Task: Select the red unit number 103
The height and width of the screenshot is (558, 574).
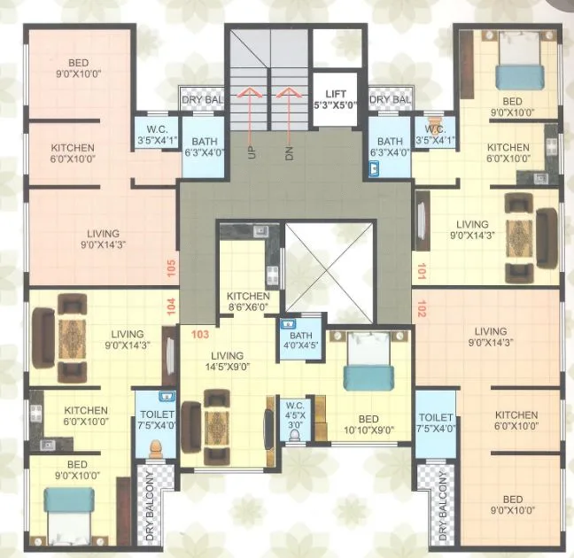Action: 199,334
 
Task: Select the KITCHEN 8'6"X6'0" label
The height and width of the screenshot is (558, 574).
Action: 248,302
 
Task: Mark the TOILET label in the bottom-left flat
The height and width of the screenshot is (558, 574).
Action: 156,420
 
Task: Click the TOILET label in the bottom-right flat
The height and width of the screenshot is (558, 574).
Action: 436,422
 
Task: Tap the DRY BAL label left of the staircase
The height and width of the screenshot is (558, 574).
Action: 202,100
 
